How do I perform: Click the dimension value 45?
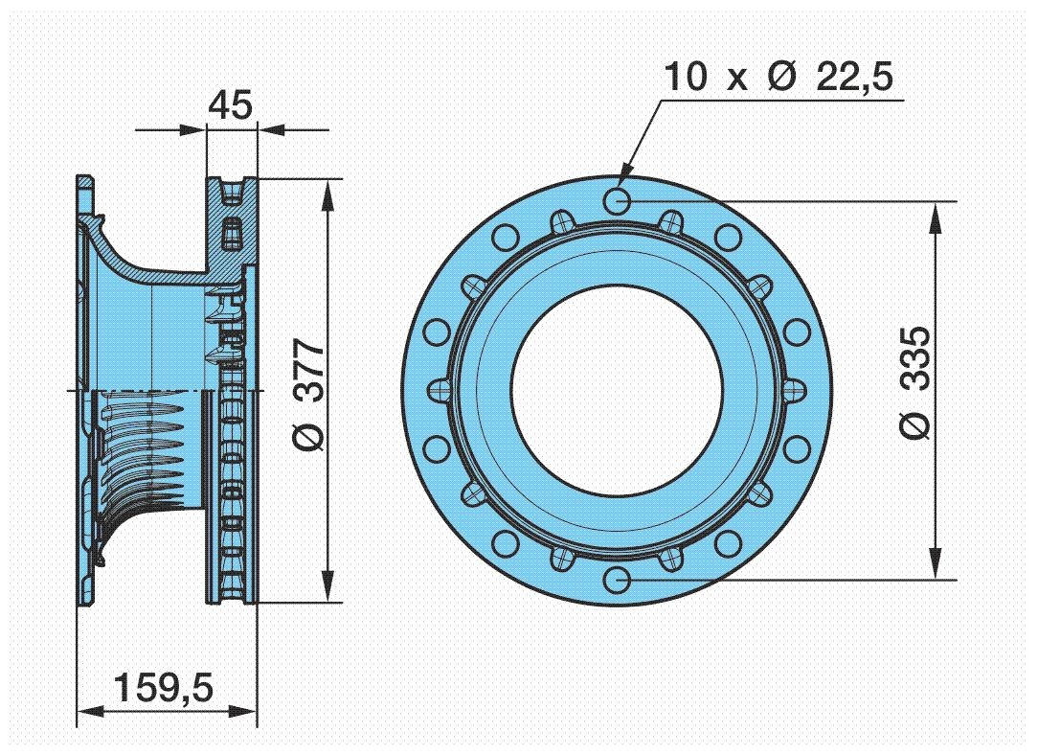pos(231,104)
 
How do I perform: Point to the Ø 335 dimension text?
pos(914,382)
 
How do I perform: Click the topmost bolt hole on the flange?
pos(619,201)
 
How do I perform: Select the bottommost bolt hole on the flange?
pos(619,579)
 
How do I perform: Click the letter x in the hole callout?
pos(735,79)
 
